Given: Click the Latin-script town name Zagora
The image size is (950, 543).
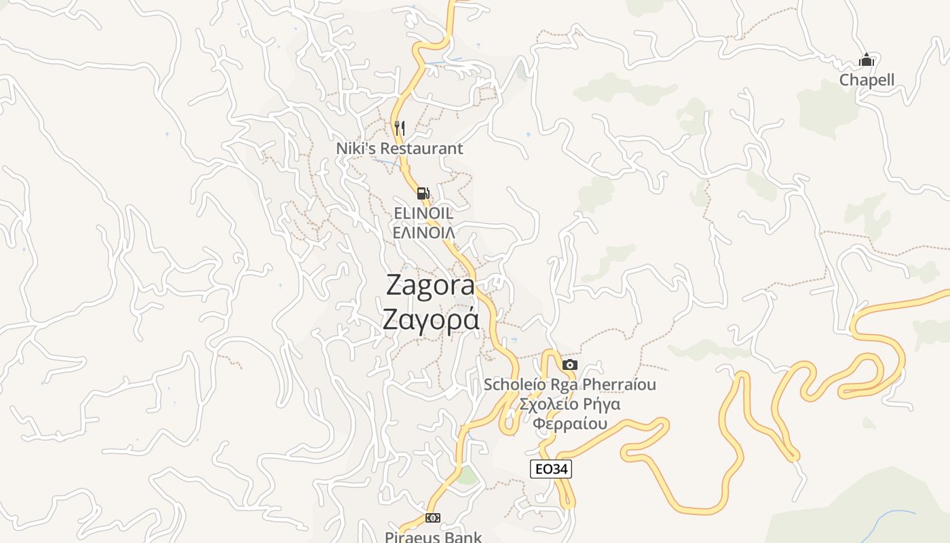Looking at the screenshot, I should [430, 285].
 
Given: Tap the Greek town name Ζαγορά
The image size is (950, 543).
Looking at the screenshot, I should [430, 319].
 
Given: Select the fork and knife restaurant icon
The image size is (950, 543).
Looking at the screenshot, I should [400, 128].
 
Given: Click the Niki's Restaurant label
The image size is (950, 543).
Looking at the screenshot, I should [400, 148].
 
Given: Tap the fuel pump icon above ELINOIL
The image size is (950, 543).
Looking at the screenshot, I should [423, 193].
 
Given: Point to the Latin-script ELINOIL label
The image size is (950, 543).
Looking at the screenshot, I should [423, 213].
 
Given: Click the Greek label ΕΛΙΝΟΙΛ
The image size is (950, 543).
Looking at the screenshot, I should [423, 232].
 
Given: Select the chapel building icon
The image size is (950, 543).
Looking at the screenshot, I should [866, 60].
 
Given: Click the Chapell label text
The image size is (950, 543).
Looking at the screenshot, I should [867, 80].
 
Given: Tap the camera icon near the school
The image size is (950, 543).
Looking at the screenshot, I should [570, 365].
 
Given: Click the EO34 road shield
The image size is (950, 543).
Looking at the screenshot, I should [550, 469].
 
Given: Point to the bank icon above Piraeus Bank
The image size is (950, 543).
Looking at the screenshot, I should [432, 518].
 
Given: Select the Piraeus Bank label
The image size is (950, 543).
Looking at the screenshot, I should [433, 537].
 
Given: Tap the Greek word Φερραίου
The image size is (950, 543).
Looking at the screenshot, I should [569, 424].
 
